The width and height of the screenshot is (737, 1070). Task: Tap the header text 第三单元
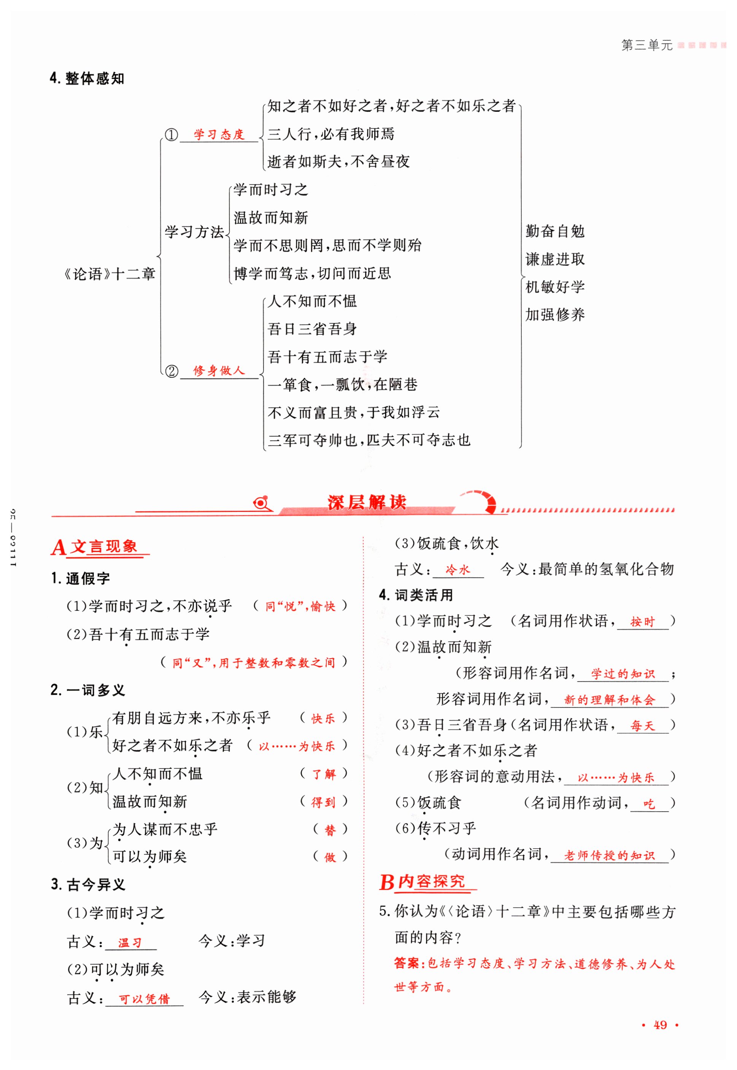(646, 45)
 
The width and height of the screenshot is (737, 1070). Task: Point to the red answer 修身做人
(219, 370)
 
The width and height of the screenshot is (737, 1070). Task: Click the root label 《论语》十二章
(109, 274)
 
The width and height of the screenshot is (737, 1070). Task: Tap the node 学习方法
(194, 231)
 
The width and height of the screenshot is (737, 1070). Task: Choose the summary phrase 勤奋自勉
(555, 231)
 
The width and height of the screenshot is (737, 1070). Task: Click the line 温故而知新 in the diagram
(271, 218)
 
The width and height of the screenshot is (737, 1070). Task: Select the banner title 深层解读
(367, 502)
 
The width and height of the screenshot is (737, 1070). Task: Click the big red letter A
(59, 548)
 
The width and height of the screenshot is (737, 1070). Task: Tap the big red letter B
(386, 882)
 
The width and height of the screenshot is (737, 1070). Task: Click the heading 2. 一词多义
(88, 690)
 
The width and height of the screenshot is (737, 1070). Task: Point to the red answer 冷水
(457, 570)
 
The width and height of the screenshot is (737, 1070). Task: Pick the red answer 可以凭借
(145, 999)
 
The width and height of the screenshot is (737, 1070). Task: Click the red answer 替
(330, 830)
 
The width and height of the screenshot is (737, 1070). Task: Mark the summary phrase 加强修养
(555, 315)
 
